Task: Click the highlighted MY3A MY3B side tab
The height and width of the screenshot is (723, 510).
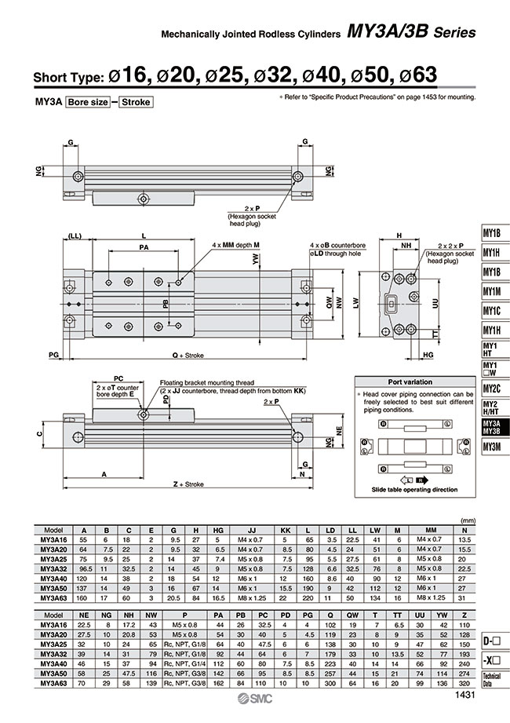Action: [x=492, y=426]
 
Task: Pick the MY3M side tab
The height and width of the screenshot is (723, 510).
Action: [x=492, y=447]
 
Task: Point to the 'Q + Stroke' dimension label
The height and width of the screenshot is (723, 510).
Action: [x=188, y=356]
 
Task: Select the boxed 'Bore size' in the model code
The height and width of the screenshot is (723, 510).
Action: [x=87, y=102]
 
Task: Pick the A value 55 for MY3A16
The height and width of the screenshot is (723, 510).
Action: [x=84, y=540]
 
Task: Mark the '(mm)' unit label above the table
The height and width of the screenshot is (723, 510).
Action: [x=469, y=520]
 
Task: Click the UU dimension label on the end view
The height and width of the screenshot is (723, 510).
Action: [x=435, y=301]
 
